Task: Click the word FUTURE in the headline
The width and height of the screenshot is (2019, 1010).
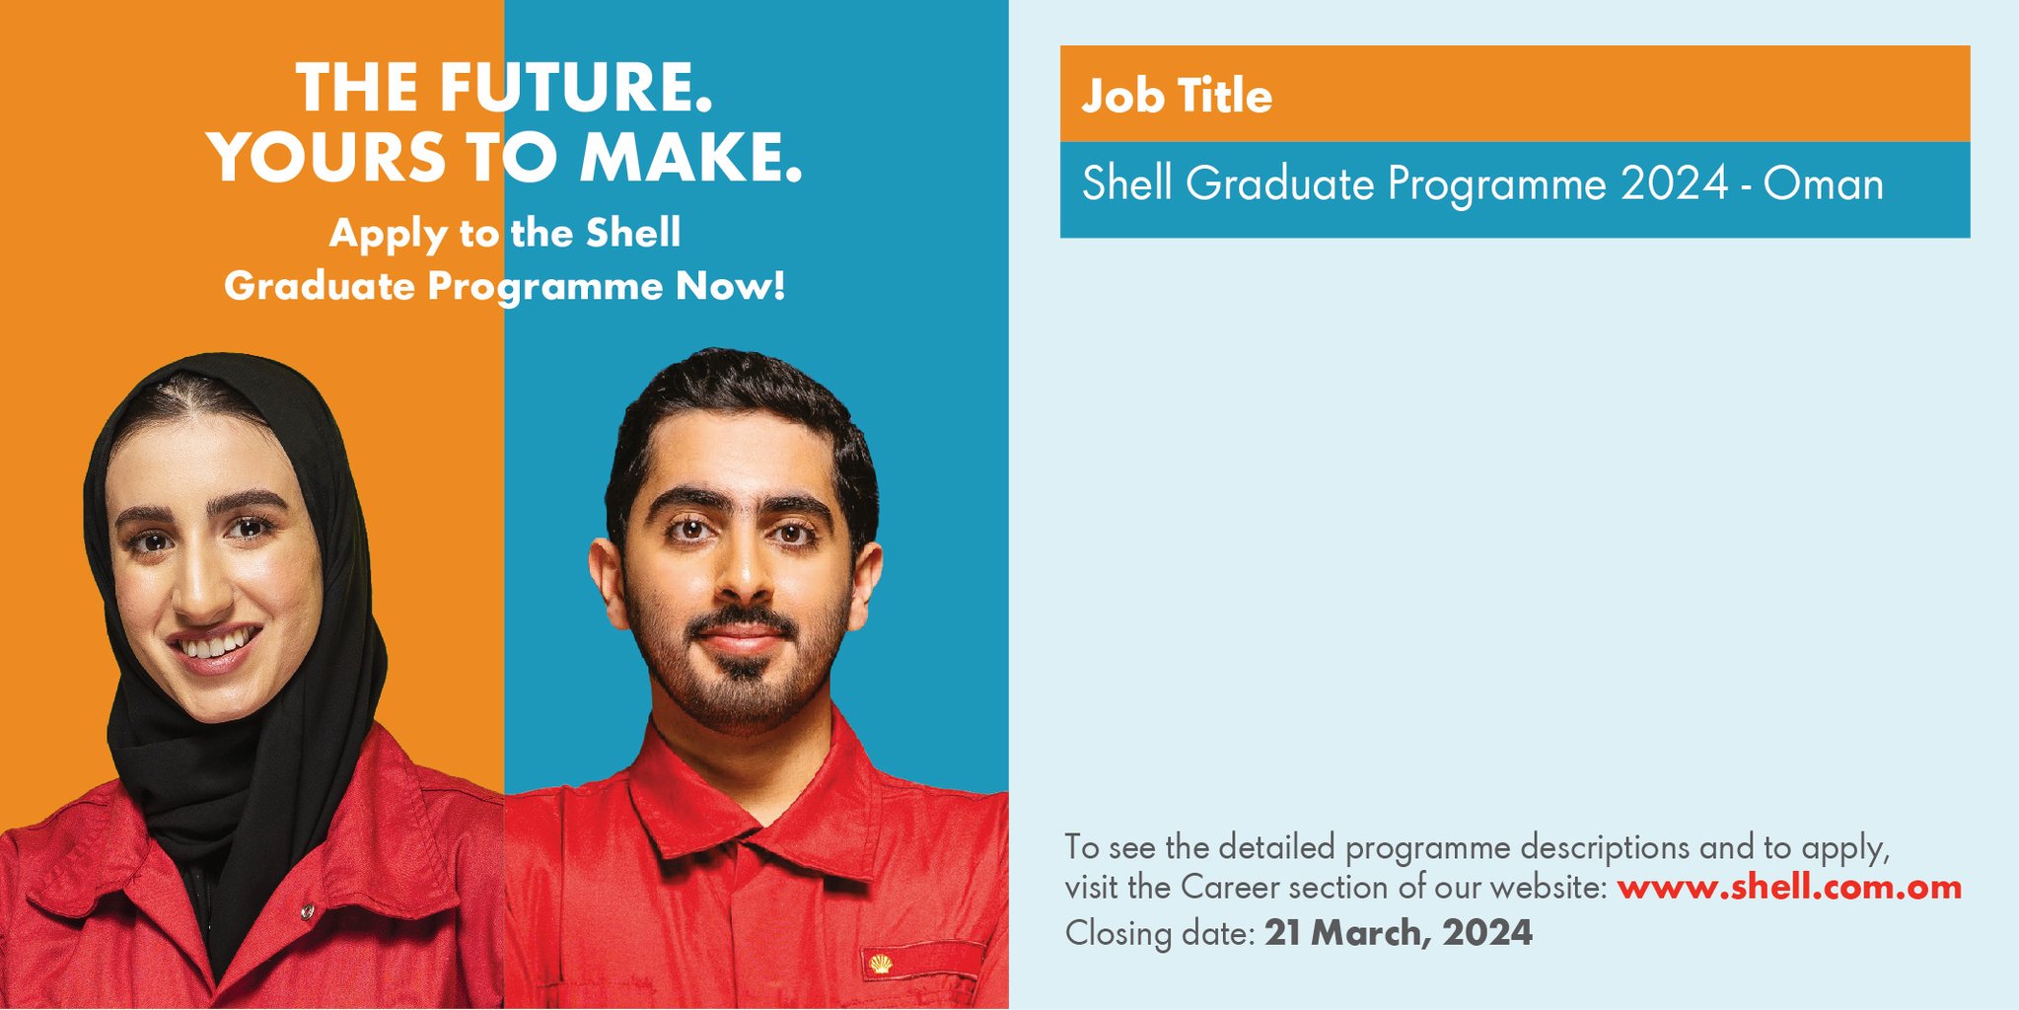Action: [575, 87]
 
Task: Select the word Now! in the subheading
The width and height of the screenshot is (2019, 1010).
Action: [731, 286]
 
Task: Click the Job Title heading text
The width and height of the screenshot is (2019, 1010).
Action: [1177, 96]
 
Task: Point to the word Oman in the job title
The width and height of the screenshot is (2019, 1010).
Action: [1824, 184]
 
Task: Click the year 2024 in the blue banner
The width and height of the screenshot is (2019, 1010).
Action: [1675, 184]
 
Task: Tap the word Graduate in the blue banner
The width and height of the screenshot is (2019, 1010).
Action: [1280, 184]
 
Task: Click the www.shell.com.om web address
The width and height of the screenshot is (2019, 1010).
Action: [1789, 887]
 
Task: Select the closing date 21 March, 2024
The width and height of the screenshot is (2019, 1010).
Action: [1399, 932]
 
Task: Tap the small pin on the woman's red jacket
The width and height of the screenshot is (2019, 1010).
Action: [308, 911]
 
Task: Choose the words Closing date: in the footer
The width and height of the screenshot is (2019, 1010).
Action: [1160, 932]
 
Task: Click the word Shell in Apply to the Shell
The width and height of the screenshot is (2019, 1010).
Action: [633, 233]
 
